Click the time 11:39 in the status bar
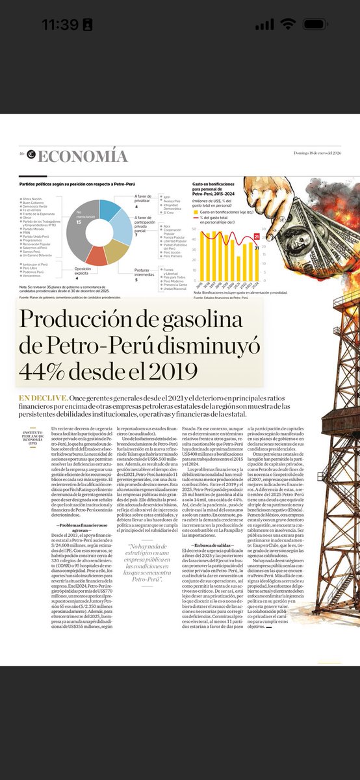pyautogui.click(x=60, y=24)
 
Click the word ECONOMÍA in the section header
pyautogui.click(x=83, y=157)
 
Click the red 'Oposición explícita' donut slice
pyautogui.click(x=96, y=255)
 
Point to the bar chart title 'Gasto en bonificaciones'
pyautogui.click(x=218, y=185)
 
